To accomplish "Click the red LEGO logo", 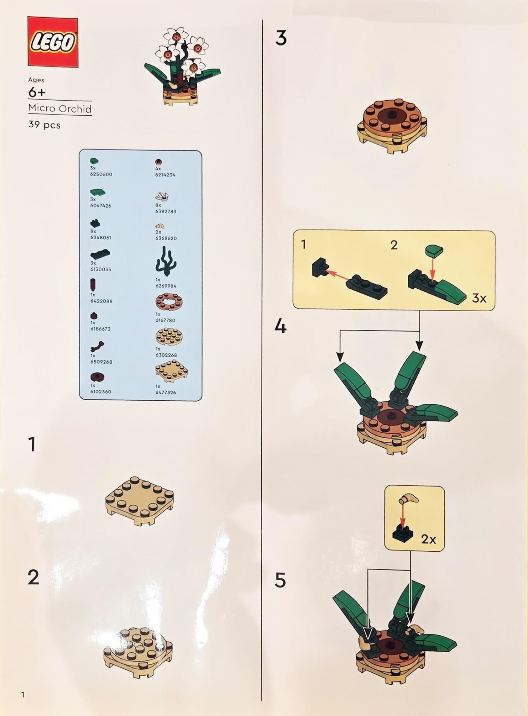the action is pos(53,42).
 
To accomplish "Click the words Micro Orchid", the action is pos(60,109).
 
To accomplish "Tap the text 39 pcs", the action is pos(44,125).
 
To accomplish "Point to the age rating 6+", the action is pos(37,92).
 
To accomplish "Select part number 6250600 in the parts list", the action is pos(101,174).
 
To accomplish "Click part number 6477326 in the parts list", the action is pos(165,392).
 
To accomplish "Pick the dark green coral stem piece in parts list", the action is pos(165,261).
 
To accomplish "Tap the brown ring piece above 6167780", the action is pos(169,301).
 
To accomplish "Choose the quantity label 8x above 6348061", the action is pos(93,231).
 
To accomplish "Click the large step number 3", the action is pos(281,38).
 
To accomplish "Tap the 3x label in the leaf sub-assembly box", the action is pos(479,298).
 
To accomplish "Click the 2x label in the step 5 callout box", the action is pos(429,539).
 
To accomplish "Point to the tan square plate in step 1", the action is pos(139,501).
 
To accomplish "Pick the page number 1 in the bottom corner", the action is pos(23,694).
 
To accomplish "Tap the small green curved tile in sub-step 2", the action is pos(434,250).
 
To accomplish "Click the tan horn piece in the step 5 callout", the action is pos(409,499).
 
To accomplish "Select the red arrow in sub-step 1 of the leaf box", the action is pos(338,275).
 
